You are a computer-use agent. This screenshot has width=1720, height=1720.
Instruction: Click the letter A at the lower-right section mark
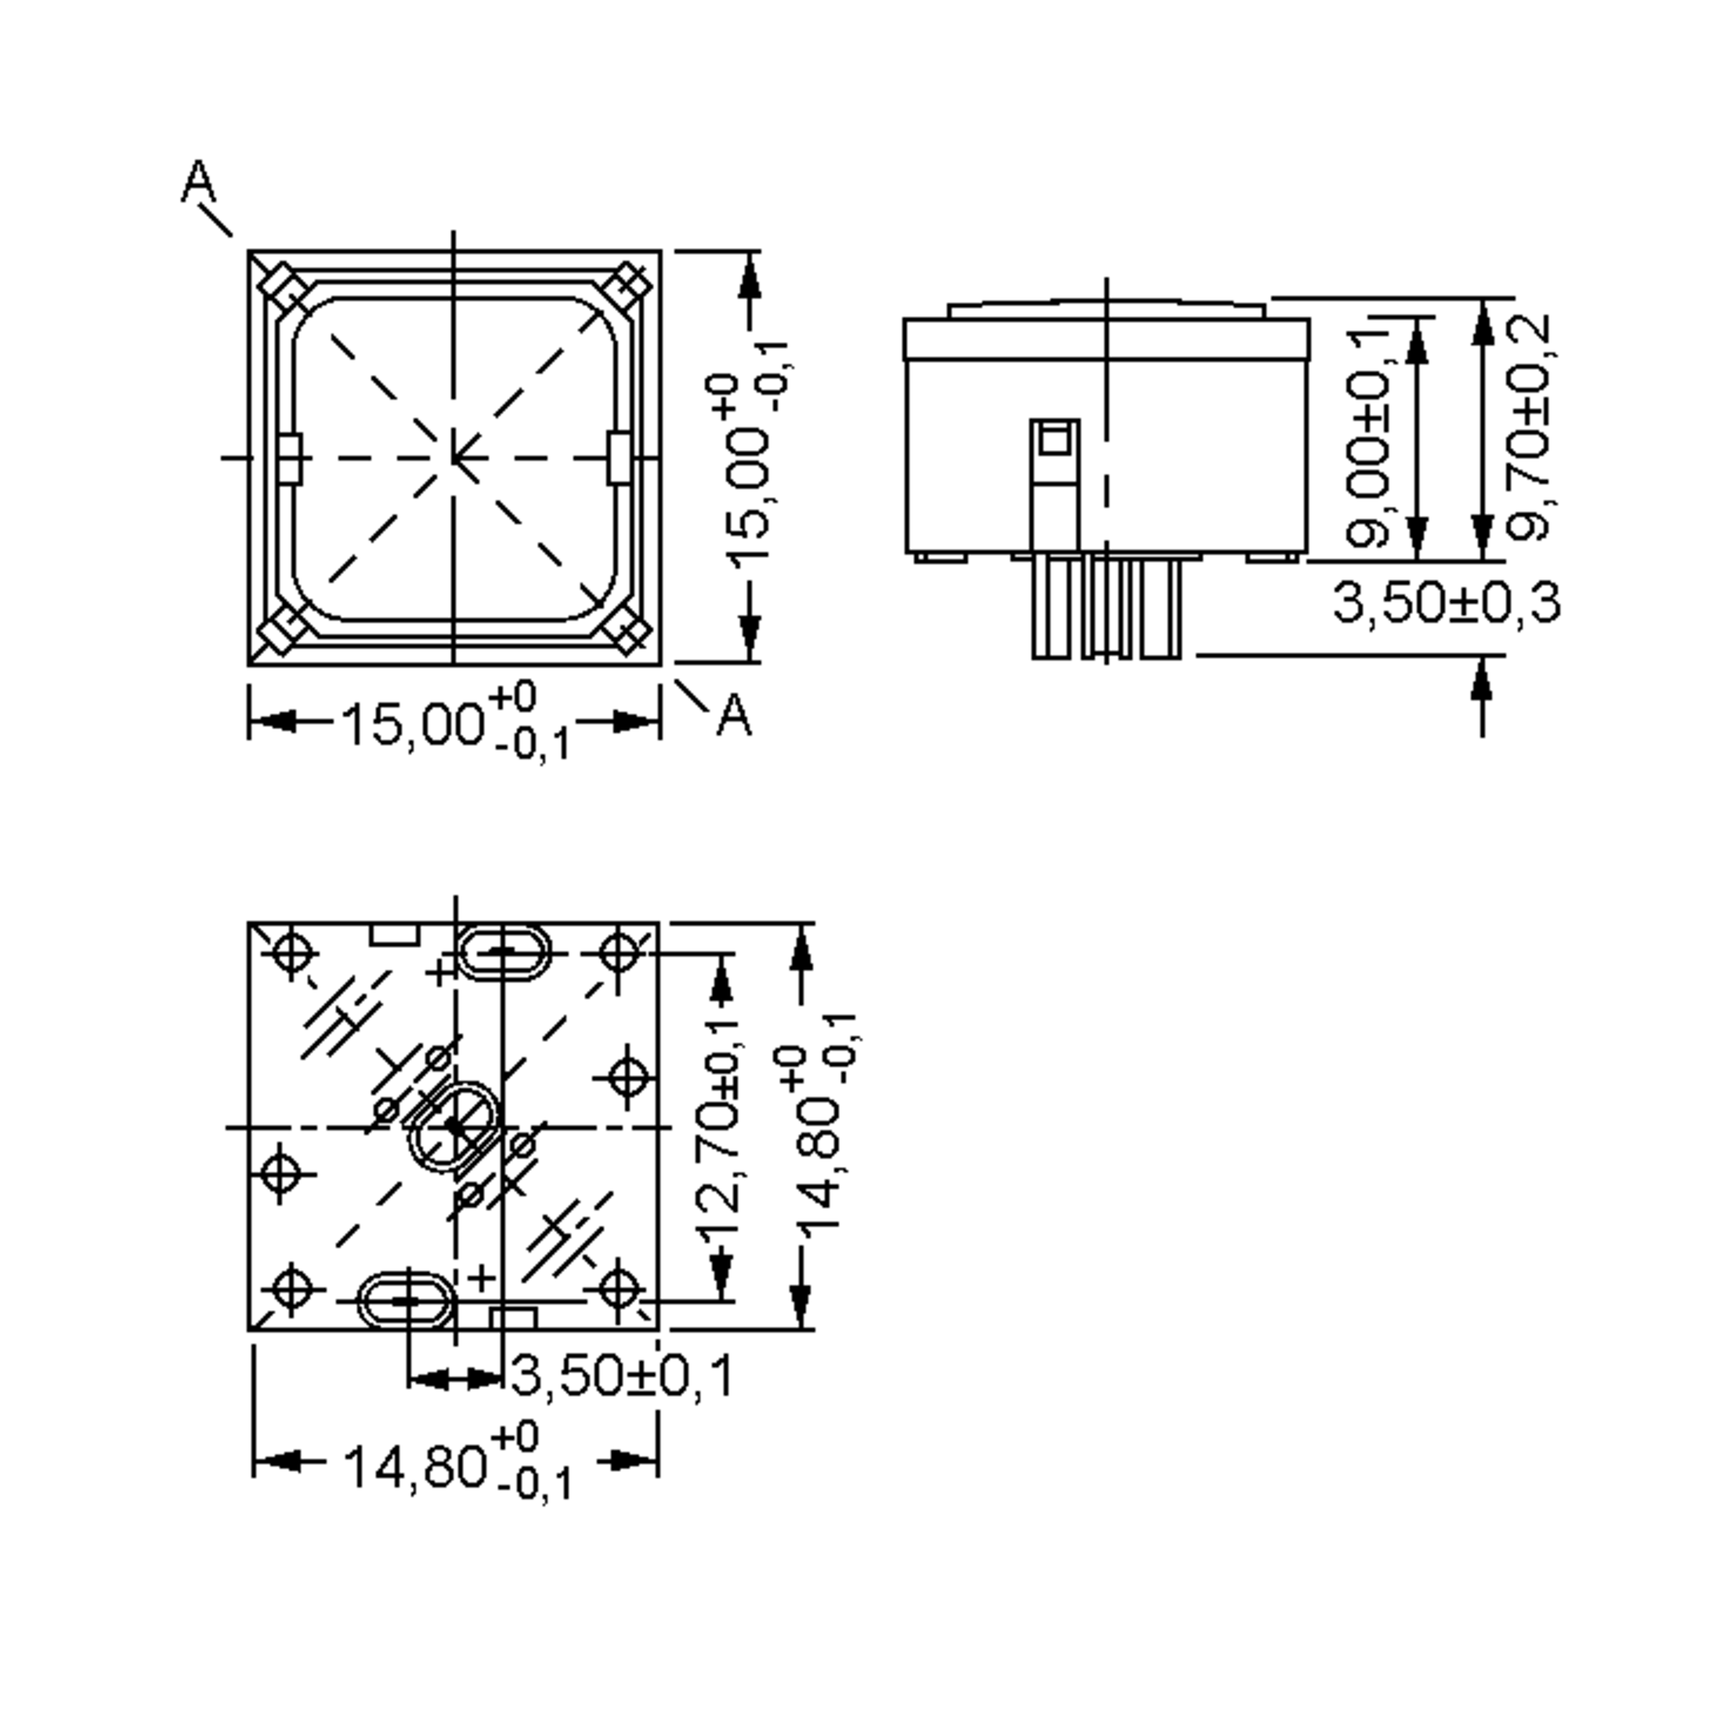click(735, 715)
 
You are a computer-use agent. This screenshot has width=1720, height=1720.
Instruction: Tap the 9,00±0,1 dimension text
click(1367, 436)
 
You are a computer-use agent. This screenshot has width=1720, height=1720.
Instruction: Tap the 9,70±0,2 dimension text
click(1529, 427)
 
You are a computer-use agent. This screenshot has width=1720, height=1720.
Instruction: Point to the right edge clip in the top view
click(620, 459)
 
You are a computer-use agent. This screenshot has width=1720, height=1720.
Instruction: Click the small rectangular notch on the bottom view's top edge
click(394, 934)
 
